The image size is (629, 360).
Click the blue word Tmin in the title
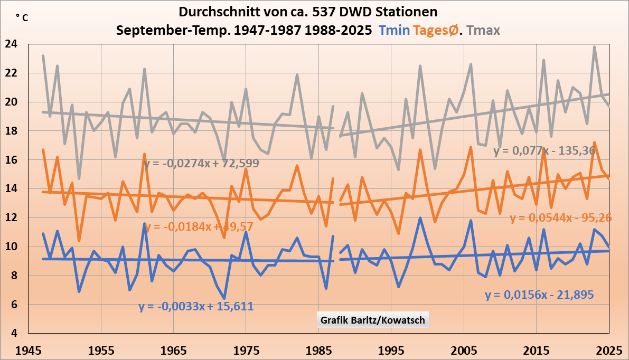pyautogui.click(x=395, y=30)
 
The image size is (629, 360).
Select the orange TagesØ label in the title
pyautogui.click(x=437, y=30)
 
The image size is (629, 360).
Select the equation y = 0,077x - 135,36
pyautogui.click(x=544, y=151)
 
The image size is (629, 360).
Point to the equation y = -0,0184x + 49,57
pyautogui.click(x=199, y=227)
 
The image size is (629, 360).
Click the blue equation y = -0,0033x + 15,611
pyautogui.click(x=196, y=306)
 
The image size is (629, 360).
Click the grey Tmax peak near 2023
pyautogui.click(x=594, y=47)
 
